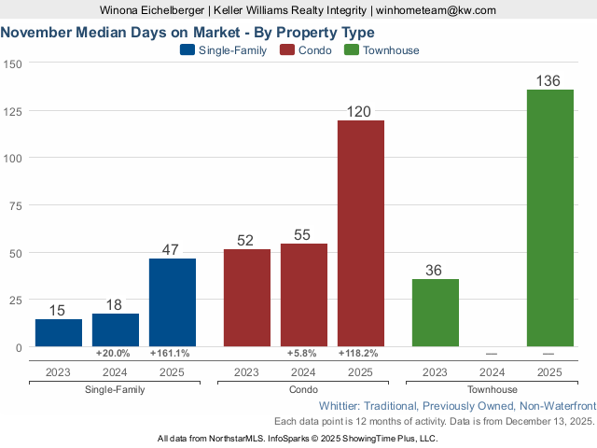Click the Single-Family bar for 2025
(173, 302)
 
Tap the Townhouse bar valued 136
(549, 218)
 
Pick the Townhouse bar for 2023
(435, 313)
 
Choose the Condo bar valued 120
(360, 233)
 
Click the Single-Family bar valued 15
(59, 333)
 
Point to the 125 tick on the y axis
(14, 111)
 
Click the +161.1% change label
(170, 354)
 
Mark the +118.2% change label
(359, 354)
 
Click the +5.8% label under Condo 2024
(303, 354)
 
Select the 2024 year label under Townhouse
(492, 371)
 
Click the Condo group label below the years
(303, 389)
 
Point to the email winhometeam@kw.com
(436, 9)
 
